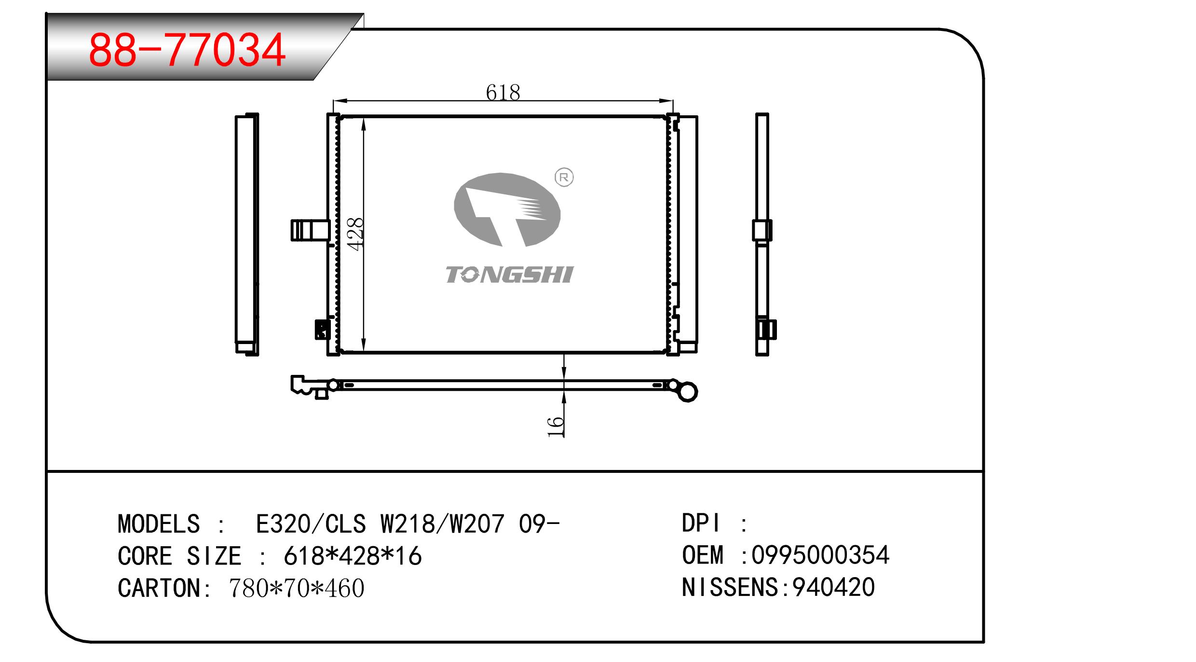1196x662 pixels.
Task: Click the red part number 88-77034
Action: tap(187, 50)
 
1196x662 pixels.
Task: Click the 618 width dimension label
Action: tap(503, 92)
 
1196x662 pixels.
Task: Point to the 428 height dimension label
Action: tap(356, 234)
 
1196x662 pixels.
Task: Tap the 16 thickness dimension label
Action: tap(556, 427)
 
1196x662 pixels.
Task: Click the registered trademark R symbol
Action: tap(564, 178)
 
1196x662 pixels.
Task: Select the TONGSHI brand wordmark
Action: tap(509, 275)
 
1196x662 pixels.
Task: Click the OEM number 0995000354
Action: tap(820, 555)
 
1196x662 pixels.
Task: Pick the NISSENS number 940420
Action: tap(834, 587)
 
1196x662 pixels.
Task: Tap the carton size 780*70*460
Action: tap(297, 588)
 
